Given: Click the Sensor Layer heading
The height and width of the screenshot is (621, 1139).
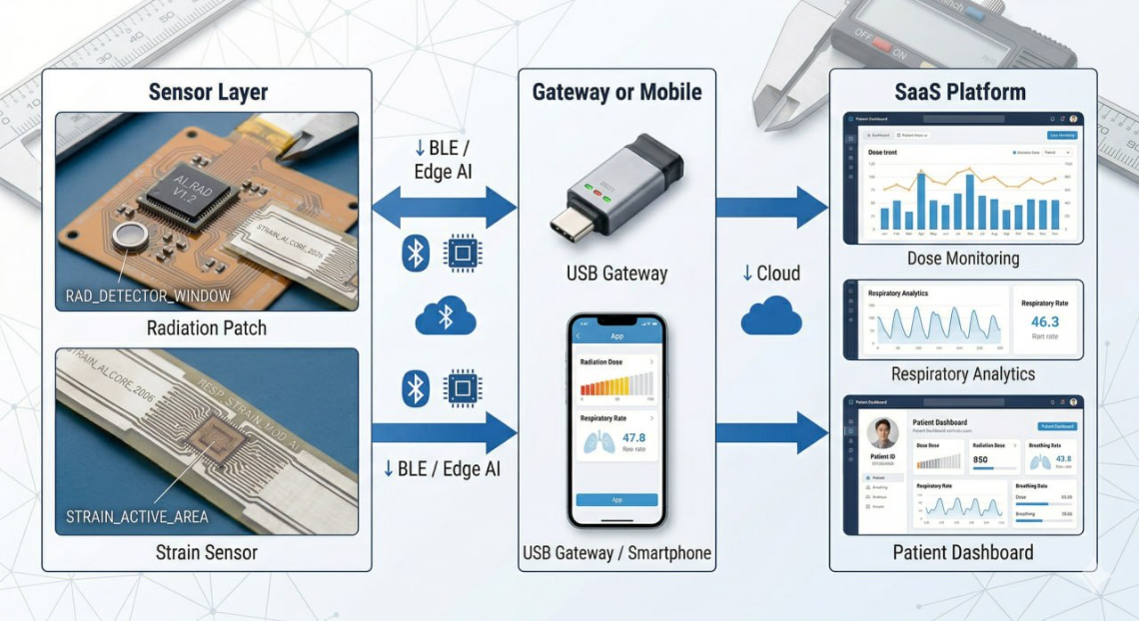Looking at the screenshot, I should (208, 93).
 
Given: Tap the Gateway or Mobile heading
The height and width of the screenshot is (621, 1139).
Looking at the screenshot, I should (616, 93).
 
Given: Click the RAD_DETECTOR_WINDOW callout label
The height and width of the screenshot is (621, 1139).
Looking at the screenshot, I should (148, 296).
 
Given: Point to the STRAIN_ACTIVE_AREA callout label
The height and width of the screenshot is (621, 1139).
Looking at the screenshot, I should (137, 516).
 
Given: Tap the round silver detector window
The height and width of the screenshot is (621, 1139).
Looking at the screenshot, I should (127, 237).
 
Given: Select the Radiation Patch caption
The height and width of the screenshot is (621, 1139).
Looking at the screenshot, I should (206, 327).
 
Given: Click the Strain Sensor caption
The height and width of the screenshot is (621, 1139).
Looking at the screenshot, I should (206, 552).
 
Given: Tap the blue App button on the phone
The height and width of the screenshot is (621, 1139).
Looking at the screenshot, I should (616, 499).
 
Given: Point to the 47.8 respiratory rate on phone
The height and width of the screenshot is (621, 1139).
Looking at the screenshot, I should (633, 437).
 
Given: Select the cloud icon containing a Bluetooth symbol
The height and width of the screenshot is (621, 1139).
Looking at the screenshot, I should (446, 317).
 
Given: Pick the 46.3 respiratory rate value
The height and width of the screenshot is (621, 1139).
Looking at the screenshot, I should (1045, 321).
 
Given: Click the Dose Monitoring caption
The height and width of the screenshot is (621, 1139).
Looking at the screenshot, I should (963, 259).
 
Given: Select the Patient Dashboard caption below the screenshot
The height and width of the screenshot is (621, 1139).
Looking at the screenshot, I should (963, 552).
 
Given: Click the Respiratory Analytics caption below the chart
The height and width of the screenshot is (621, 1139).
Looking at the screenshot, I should (963, 374).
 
